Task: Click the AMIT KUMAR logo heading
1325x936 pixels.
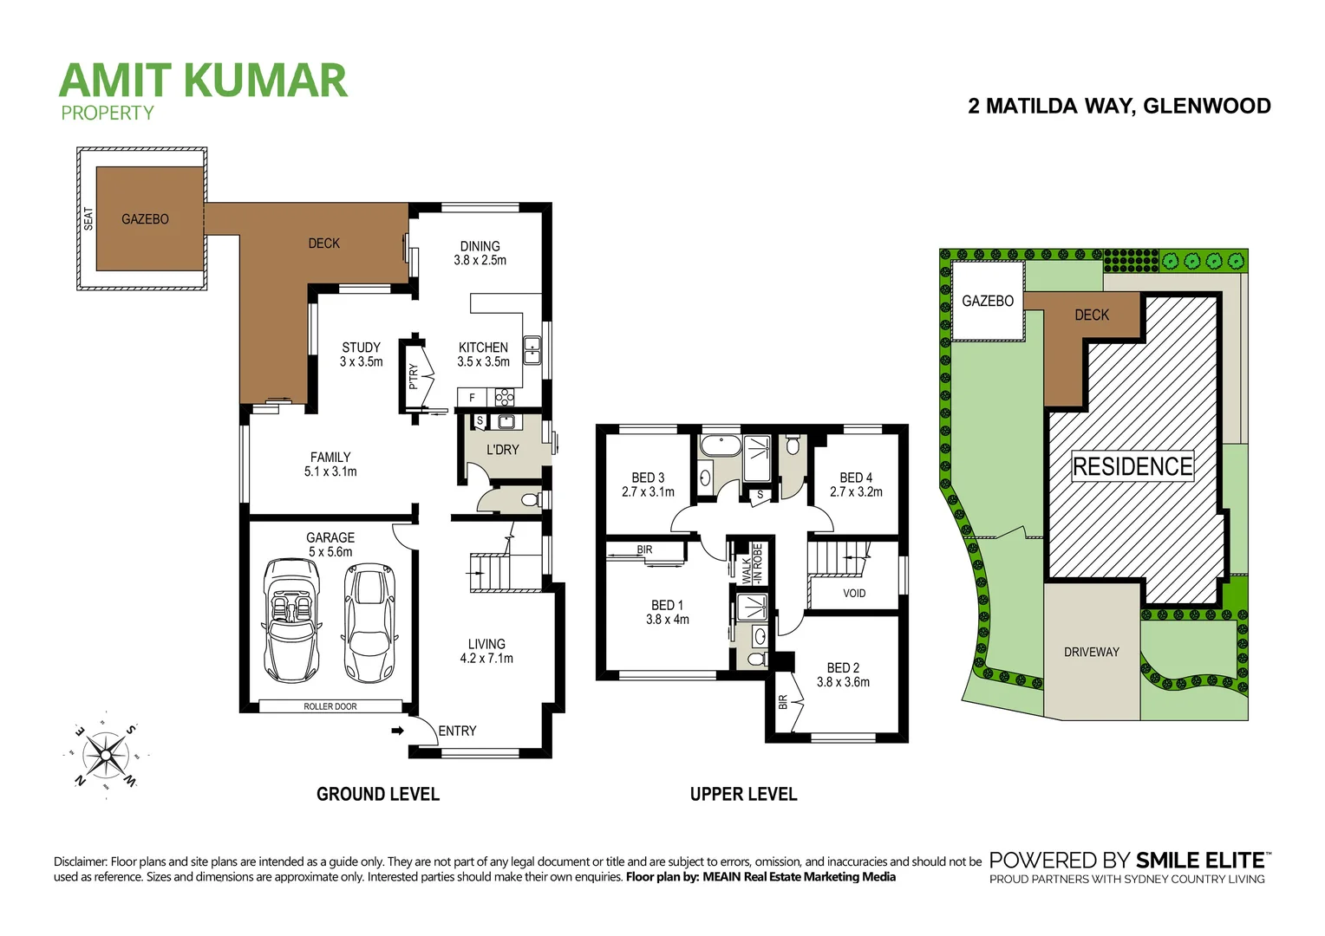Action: click(203, 81)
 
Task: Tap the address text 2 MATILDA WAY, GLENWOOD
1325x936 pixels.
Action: click(1119, 106)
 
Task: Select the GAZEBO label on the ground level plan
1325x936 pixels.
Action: click(145, 219)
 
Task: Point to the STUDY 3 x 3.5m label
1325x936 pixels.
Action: click(361, 354)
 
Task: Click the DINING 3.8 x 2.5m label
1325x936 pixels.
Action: click(480, 253)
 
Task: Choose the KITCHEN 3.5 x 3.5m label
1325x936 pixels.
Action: click(483, 354)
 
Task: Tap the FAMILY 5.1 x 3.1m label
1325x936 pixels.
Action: click(330, 465)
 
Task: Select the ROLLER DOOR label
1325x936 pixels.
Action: click(330, 706)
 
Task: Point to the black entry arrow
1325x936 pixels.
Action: click(398, 731)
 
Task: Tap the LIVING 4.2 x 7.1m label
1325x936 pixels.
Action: click(486, 651)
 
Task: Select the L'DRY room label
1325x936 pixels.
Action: click(502, 450)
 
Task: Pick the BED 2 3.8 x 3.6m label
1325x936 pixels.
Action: click(843, 675)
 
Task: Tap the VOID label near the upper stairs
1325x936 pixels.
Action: click(854, 594)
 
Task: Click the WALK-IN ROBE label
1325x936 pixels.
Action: click(751, 563)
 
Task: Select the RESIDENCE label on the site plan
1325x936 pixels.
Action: click(1132, 466)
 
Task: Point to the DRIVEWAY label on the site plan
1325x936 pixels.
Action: click(1091, 652)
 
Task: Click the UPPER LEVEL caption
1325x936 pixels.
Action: click(743, 794)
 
